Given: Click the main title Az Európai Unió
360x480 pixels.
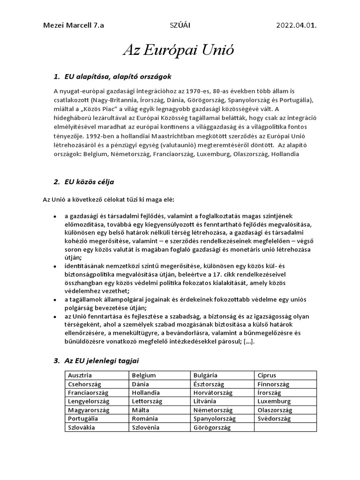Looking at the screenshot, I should tap(179, 51).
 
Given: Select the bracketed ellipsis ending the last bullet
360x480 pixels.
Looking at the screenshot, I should tap(247, 341).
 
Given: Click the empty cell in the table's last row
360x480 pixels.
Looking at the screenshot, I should tap(285, 427).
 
